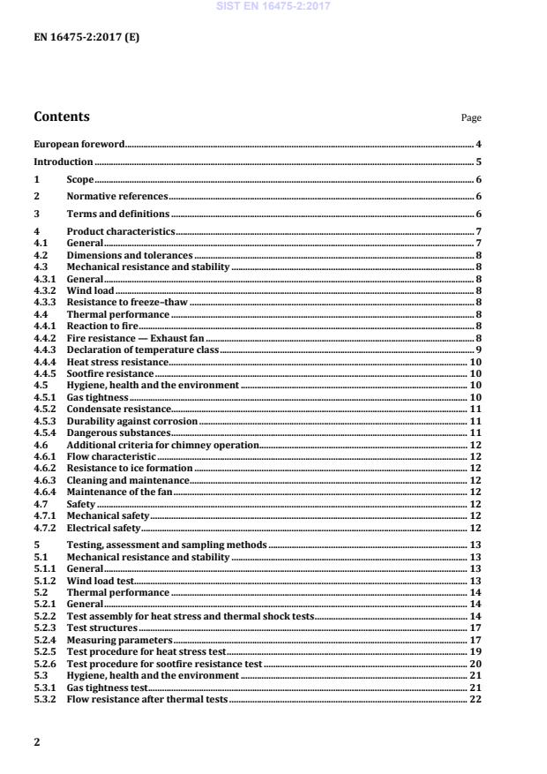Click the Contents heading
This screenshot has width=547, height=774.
(61, 116)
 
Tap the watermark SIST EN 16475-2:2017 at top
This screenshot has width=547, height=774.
(273, 6)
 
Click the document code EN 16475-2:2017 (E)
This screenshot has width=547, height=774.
(86, 38)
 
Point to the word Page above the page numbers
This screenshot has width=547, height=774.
(471, 118)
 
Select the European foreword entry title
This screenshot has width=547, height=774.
(79, 144)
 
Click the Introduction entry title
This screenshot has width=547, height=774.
(63, 162)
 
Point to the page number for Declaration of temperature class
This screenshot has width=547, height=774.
(477, 350)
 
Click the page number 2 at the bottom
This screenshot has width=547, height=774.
(37, 742)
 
